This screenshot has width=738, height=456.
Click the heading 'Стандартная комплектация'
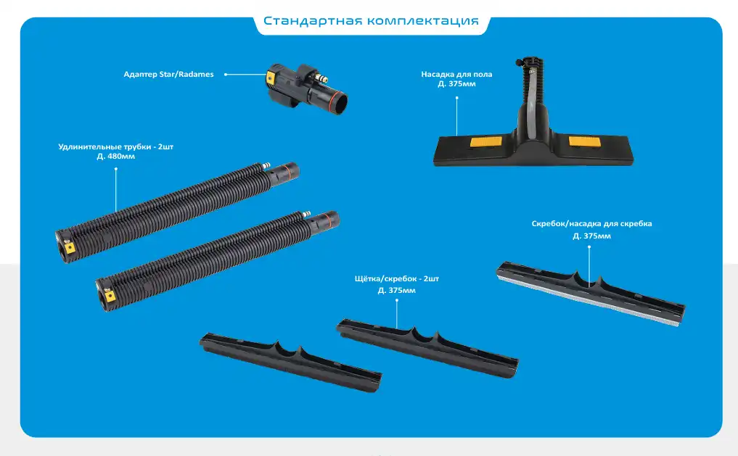(371, 21)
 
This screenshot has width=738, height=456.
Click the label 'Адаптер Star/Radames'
(168, 74)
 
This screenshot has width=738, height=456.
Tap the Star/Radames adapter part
(307, 88)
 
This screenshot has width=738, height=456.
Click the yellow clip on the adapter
(271, 77)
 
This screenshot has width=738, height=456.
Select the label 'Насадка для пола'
(456, 74)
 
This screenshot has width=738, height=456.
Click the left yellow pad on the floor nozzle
(485, 142)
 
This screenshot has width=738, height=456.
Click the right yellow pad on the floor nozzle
(584, 141)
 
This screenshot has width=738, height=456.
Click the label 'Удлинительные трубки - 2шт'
(116, 146)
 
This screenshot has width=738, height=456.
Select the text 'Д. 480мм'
(116, 157)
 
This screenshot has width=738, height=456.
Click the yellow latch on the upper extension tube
(70, 247)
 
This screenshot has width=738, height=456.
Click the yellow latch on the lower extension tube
(110, 296)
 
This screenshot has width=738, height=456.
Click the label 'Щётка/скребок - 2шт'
(397, 279)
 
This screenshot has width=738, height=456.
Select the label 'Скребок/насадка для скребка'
(591, 224)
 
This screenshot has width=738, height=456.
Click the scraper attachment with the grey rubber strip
(591, 294)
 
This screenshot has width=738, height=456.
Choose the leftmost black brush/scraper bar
(290, 362)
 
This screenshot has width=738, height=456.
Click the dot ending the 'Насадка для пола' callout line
(456, 98)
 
